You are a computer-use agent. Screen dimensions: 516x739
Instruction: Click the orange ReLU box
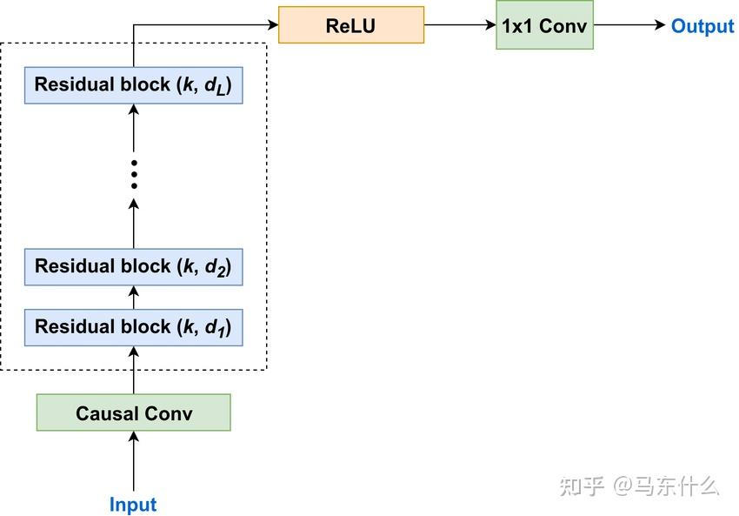coord(350,25)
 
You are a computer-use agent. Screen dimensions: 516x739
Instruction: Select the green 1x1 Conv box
coord(544,25)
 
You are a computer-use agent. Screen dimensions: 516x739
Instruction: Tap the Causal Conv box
coord(133,412)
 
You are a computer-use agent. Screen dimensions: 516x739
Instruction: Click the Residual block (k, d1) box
coord(133,327)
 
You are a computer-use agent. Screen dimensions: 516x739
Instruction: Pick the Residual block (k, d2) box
coord(133,266)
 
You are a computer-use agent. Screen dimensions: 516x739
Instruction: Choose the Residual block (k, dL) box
coord(133,85)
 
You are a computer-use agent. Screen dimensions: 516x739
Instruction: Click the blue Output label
coord(702,26)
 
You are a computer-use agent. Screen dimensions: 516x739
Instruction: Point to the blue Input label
coord(133,505)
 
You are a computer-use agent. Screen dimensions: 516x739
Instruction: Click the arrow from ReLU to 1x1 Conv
coord(459,25)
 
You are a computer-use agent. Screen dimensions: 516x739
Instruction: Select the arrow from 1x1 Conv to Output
coord(629,25)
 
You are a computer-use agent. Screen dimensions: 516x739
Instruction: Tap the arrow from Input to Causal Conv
coord(133,461)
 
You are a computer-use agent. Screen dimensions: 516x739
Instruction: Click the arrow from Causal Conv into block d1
coord(133,370)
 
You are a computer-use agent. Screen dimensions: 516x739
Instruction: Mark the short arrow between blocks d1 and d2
coord(133,297)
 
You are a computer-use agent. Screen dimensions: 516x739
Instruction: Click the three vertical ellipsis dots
coord(133,173)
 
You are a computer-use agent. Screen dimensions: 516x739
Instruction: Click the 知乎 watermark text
coord(582,486)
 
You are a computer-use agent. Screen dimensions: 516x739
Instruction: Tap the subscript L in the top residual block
coord(223,90)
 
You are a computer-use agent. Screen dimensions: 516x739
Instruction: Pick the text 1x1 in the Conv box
coord(518,25)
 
